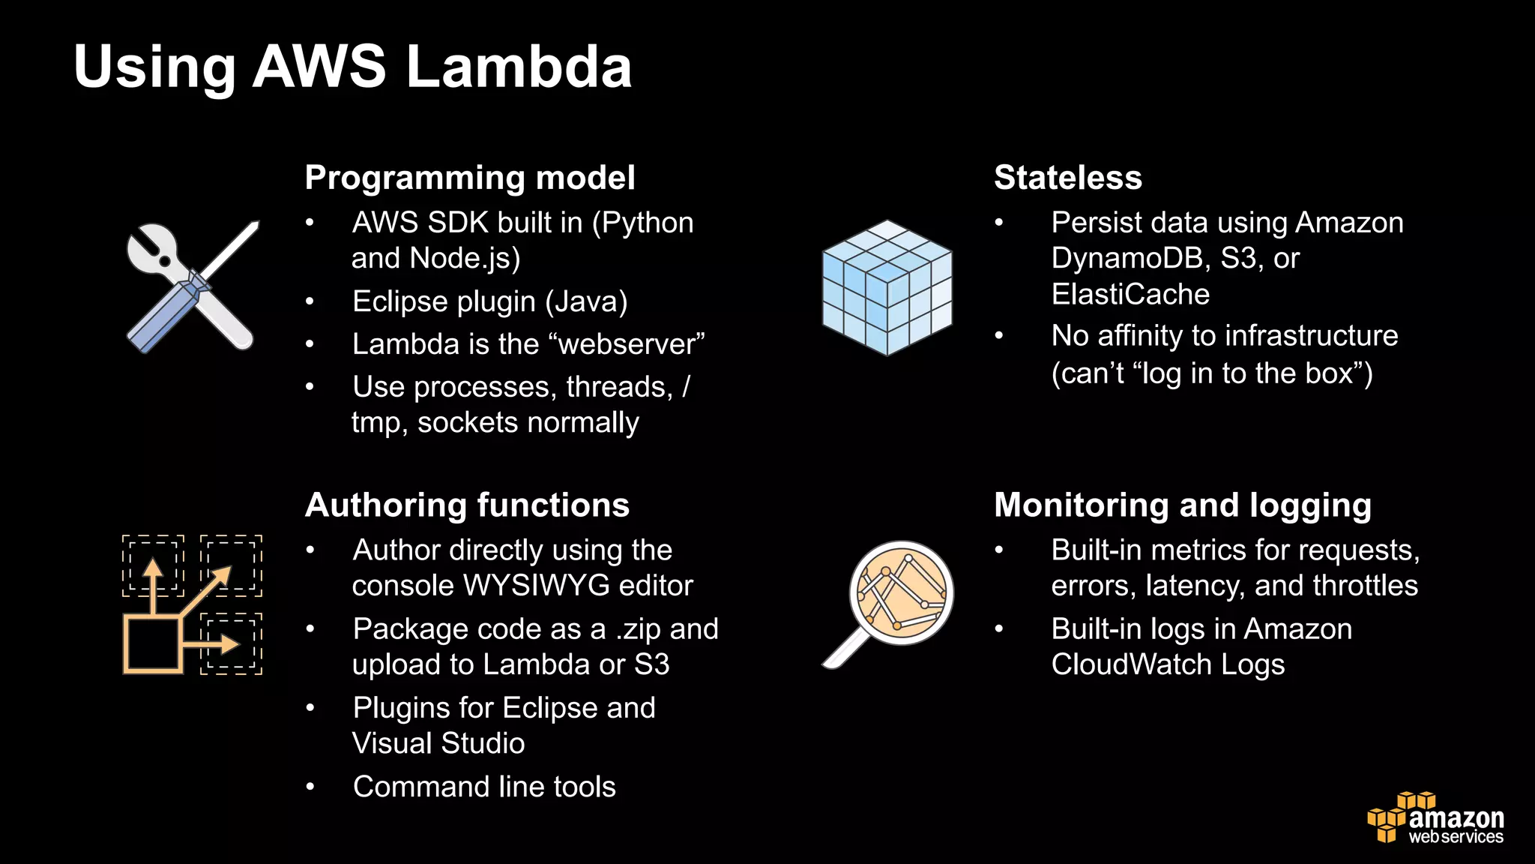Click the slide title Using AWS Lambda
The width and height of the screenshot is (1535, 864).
352,67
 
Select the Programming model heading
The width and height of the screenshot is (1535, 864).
470,178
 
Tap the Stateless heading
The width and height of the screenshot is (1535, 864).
1067,178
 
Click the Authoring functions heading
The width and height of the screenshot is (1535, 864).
467,505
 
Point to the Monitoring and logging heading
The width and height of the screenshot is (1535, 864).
1182,505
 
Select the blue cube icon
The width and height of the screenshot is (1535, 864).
887,287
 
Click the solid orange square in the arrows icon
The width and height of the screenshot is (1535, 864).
152,644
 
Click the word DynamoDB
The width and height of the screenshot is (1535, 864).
1130,259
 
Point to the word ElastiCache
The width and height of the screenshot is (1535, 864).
1130,295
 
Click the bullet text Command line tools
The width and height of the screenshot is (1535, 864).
484,787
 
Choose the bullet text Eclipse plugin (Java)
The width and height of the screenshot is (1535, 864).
490,302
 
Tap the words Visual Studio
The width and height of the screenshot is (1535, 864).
438,744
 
